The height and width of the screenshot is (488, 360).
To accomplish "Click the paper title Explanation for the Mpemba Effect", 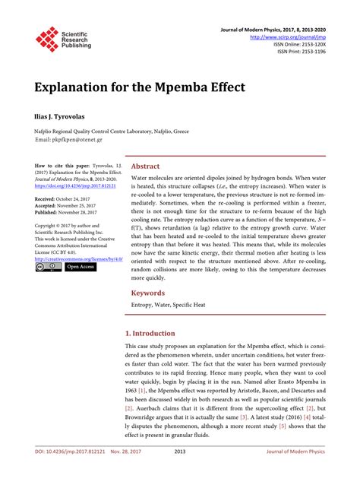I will click(139, 86).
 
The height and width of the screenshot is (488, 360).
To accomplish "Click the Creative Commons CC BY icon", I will click(47, 246).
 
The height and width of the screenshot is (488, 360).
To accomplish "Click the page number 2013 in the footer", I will click(180, 473).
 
